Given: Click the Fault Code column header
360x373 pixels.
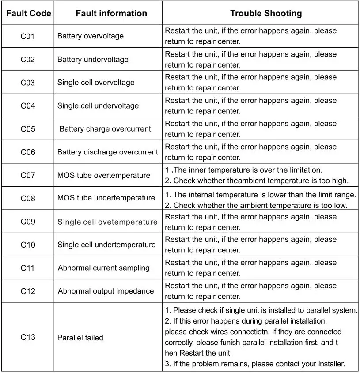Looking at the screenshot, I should [x=28, y=13].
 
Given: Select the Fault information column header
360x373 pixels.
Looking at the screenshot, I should [x=111, y=13].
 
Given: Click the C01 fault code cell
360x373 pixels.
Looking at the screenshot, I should [x=28, y=36].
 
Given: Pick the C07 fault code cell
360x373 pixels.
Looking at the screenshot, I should [x=28, y=175].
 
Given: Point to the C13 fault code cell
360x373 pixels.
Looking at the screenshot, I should [x=28, y=337].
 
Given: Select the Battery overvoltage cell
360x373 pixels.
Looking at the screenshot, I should [x=91, y=36].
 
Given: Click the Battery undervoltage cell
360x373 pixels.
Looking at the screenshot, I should [x=93, y=60].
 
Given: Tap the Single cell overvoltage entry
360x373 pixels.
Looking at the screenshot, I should [x=96, y=83].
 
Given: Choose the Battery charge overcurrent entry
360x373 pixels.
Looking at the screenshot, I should [x=105, y=129].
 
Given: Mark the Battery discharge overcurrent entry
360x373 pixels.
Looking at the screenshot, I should [x=107, y=152].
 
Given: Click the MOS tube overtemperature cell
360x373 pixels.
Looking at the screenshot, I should [x=104, y=175].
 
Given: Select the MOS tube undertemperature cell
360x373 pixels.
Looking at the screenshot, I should [x=106, y=198].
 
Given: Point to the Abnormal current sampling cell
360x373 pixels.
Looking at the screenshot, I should [x=104, y=268].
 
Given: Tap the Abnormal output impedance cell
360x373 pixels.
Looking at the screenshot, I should [x=106, y=291].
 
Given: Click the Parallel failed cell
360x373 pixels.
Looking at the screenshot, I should [x=80, y=338].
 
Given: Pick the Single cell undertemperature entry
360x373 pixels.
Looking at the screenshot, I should [x=106, y=245].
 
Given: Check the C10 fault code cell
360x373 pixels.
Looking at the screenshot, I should [x=28, y=245].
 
